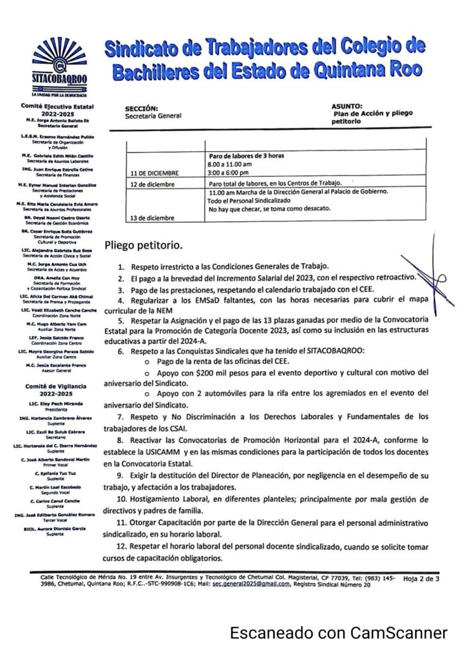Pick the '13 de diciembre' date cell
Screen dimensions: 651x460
[152, 218]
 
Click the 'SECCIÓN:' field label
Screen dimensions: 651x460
[142, 109]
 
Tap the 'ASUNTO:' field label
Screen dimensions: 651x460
[347, 106]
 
